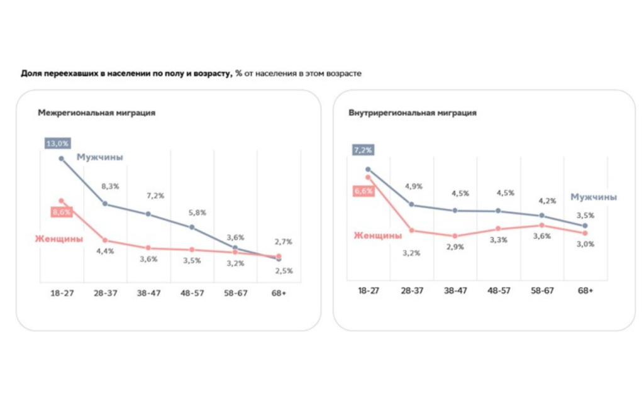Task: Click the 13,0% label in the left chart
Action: pos(57,143)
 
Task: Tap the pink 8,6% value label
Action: pos(62,213)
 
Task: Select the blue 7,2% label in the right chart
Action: pos(364,150)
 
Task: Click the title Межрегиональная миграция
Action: pos(96,113)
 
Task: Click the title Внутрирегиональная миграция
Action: pos(412,113)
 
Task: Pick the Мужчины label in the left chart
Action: pos(99,157)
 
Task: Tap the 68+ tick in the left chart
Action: pos(279,292)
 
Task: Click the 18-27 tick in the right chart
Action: pos(368,290)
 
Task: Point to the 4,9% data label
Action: pos(413,187)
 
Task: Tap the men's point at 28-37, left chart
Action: pos(105,204)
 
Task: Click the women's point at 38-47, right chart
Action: pos(455,236)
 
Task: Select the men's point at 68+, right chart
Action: pos(585,225)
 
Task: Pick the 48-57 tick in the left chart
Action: pos(192,292)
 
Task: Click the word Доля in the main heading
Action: pos(31,74)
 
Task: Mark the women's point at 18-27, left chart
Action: pos(62,201)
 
